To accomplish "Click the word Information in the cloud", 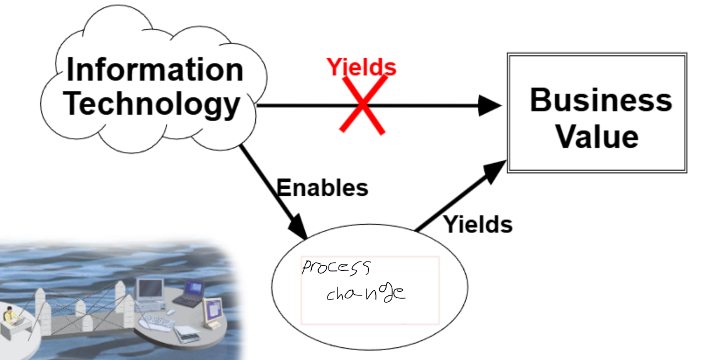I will click(x=154, y=70).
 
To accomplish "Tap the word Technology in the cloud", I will click(x=152, y=105).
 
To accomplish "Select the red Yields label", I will click(x=361, y=67).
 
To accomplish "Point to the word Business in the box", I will click(x=600, y=100).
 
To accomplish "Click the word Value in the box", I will click(x=596, y=137).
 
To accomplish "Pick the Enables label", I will click(x=322, y=188).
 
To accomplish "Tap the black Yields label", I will click(x=478, y=224).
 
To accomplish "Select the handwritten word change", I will click(x=365, y=292).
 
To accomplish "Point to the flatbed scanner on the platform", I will click(x=188, y=333).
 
